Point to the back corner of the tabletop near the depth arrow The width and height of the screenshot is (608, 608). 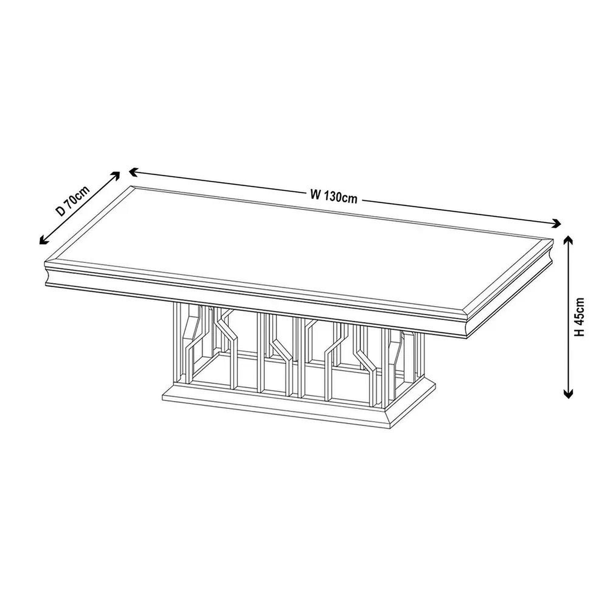pos(131,186)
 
